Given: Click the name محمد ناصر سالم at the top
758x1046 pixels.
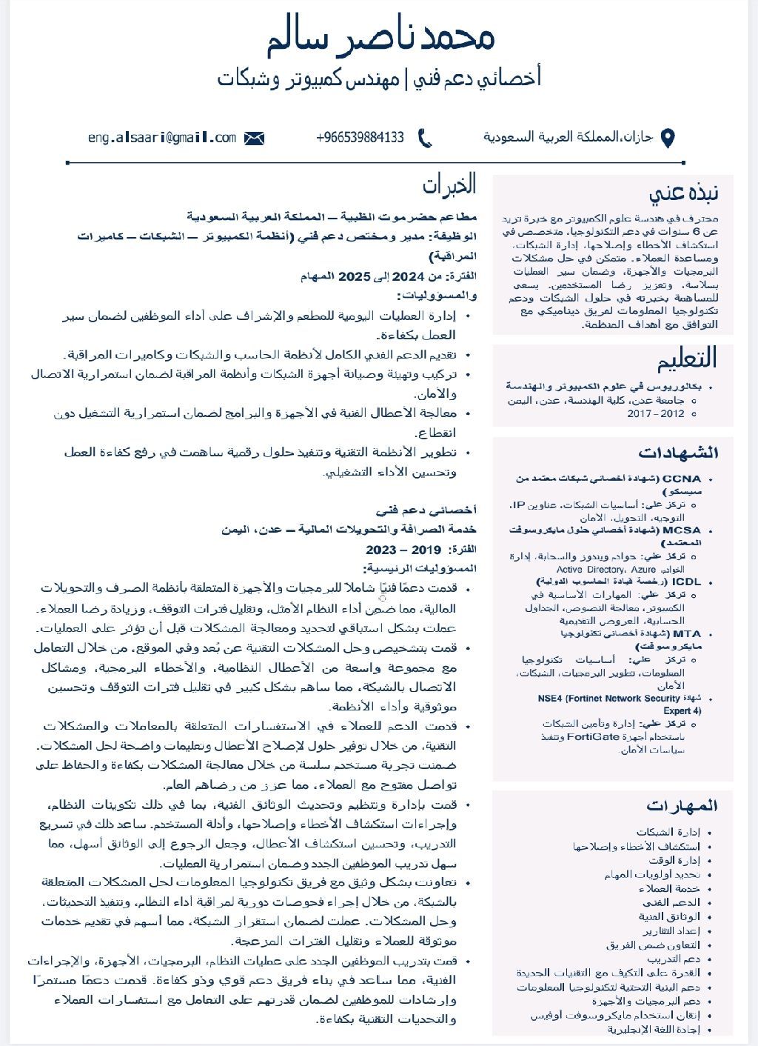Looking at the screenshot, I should (x=380, y=39).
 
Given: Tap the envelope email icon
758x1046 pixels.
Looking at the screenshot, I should (x=254, y=138).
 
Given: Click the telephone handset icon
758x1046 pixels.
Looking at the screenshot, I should (x=425, y=138).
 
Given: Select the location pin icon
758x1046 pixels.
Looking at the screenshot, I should (x=667, y=139).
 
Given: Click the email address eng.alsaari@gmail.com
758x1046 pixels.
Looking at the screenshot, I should (x=162, y=138).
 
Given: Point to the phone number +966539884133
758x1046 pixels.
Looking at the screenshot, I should (x=360, y=138).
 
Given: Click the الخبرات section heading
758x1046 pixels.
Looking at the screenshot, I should (x=449, y=184).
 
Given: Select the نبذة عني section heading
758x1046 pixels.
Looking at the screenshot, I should (x=683, y=193).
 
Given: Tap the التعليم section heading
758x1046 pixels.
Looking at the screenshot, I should (x=687, y=359).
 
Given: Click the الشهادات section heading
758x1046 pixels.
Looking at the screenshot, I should (x=678, y=453).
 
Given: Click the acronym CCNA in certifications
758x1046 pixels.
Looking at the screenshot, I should (x=681, y=479).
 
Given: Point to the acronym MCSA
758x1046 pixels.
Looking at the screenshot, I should (x=681, y=530).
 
